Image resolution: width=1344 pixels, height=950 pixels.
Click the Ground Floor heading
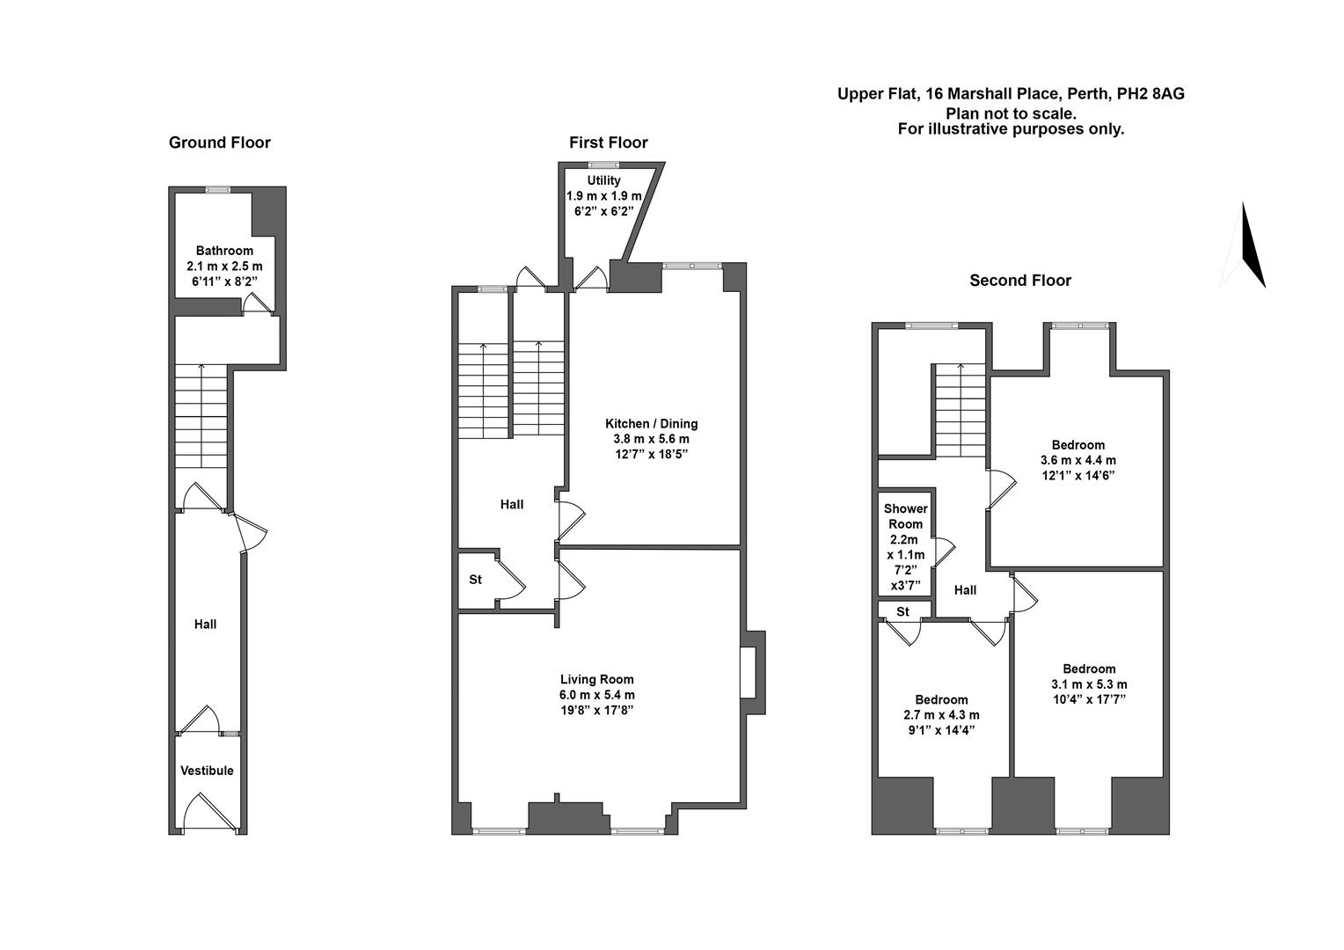point(219,142)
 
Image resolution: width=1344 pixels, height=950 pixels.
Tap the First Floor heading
point(608,142)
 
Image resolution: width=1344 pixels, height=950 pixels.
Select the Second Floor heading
point(1020,281)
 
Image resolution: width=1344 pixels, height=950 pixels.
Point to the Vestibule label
point(207,771)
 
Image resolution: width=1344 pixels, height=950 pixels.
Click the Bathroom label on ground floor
point(224,251)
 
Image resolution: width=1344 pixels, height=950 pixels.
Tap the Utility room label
point(603,180)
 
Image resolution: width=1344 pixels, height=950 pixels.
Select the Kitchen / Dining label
point(651,423)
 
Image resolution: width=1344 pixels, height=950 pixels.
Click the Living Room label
point(596,679)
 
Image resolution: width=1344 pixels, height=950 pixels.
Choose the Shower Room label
point(906,516)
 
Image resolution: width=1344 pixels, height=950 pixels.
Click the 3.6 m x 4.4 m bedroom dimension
point(1077,460)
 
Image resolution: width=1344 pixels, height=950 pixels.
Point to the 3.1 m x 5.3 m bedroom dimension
point(1088,684)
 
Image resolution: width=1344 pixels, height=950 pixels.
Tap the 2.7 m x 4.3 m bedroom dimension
point(941,715)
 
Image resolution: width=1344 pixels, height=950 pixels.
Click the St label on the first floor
point(475,580)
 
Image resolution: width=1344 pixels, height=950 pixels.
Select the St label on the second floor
point(902,611)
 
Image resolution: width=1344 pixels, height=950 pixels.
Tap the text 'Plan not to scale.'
point(1011,113)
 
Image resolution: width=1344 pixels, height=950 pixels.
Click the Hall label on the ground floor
point(205,625)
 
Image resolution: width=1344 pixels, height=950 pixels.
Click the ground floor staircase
point(201,418)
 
